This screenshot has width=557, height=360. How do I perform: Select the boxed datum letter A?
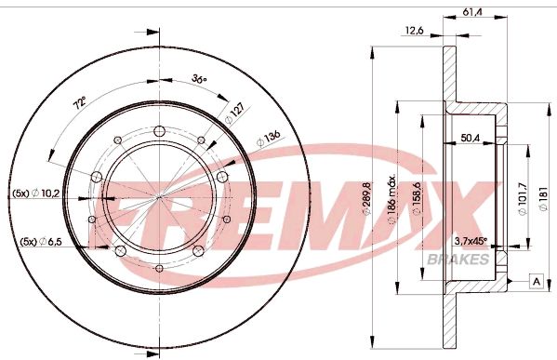(537, 282)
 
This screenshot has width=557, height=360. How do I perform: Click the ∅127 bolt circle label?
(232, 113)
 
